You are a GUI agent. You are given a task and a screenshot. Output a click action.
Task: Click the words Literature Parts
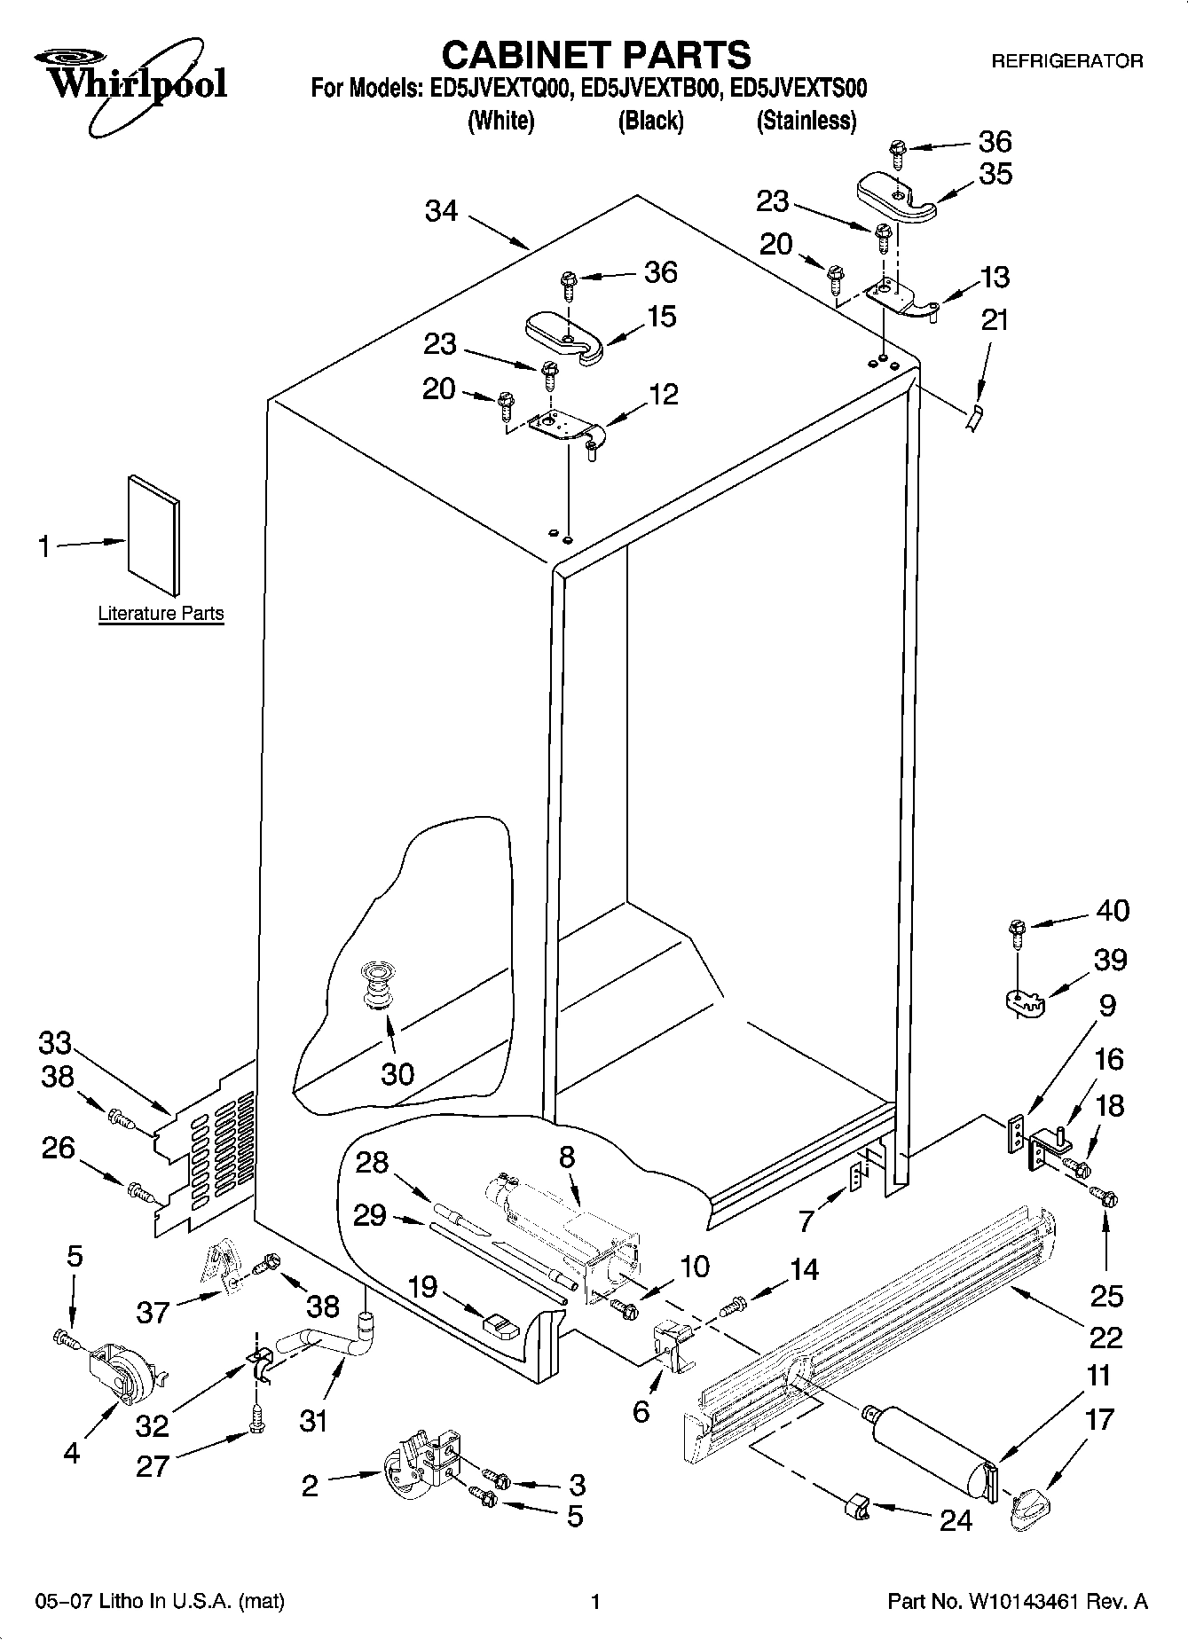161,613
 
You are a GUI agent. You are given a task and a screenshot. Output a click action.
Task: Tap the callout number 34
441,211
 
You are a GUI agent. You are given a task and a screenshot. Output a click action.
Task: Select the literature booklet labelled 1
153,535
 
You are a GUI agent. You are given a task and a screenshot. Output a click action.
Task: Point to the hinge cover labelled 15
564,336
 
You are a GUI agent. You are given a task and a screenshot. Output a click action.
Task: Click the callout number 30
397,1074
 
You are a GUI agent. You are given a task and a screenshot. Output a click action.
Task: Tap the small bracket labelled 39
1025,1002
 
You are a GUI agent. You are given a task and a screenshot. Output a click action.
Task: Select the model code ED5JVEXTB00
650,89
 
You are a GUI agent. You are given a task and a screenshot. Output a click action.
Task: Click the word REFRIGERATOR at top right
1066,61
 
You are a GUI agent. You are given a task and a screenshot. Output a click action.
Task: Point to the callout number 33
55,1042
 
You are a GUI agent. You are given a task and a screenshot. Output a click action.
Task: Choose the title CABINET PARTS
595,54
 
